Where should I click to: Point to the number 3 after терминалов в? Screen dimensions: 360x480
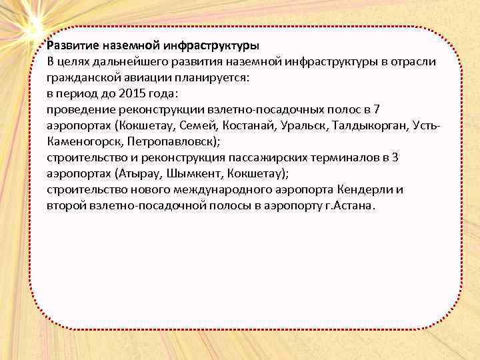[x=395, y=158]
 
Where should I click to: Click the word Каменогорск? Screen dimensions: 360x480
[x=85, y=142]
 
